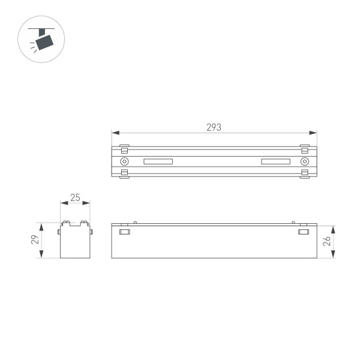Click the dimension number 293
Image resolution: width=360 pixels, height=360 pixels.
(x=214, y=127)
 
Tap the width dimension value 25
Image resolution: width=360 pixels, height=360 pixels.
(x=75, y=197)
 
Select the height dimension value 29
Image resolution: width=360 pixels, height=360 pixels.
(x=35, y=240)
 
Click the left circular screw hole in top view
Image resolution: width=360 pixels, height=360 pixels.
(x=124, y=161)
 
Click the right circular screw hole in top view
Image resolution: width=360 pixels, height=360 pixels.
(x=304, y=161)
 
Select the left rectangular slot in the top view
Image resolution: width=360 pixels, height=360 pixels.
(x=158, y=161)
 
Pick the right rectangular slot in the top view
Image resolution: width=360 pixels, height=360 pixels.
(x=275, y=161)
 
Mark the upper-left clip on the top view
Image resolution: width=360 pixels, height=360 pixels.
(x=124, y=148)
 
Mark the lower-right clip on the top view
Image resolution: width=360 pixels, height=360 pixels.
(x=304, y=174)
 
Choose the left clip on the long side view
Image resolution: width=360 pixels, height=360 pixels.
(x=125, y=232)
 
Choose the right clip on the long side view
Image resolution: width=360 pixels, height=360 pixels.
(x=304, y=232)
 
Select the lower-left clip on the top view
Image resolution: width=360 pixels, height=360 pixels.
(x=124, y=174)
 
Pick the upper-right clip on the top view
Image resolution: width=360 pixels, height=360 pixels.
(x=304, y=148)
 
